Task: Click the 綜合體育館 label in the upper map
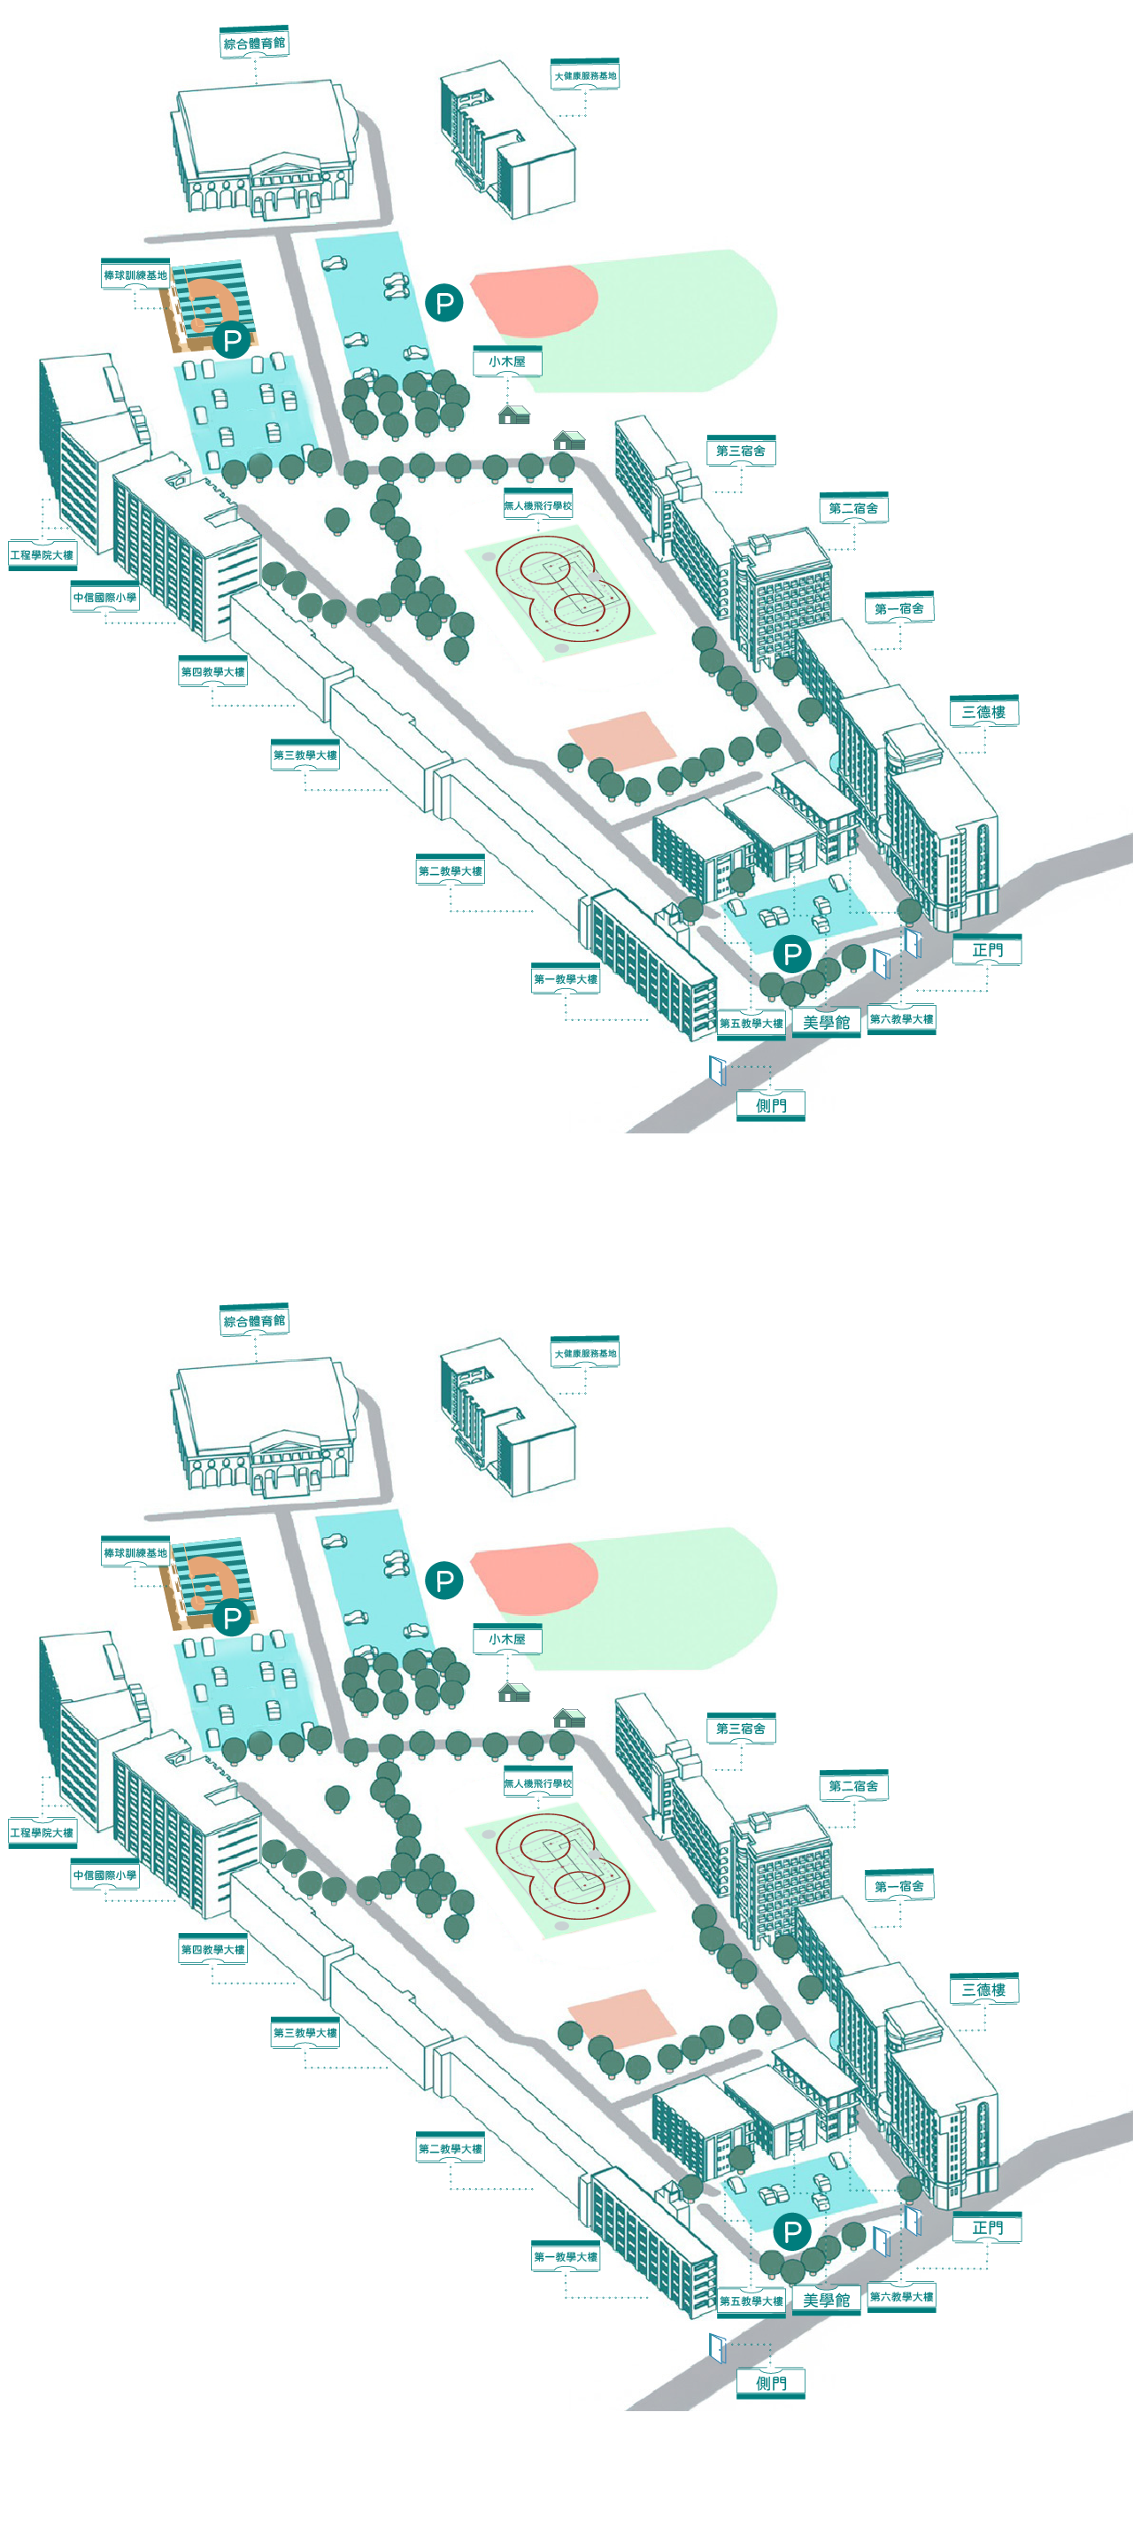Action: click(254, 43)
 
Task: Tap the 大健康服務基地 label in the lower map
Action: click(585, 1354)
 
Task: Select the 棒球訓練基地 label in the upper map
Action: click(135, 275)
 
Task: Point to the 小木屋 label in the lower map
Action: click(507, 1639)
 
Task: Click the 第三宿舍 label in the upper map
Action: click(740, 451)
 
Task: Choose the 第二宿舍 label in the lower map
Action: click(853, 1786)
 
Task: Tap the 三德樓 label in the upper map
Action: click(983, 712)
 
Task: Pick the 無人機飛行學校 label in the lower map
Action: click(537, 1782)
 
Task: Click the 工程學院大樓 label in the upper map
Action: click(42, 555)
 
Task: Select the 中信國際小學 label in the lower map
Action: click(104, 1875)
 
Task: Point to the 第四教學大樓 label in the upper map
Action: click(212, 672)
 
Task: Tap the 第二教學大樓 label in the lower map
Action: click(450, 2149)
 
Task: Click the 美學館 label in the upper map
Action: click(826, 1023)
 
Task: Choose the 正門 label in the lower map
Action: click(987, 2228)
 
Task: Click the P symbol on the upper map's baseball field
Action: click(232, 341)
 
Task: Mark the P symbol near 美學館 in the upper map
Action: click(792, 953)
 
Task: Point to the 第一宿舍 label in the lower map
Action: click(898, 1886)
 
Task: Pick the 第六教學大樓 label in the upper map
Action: click(902, 1019)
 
